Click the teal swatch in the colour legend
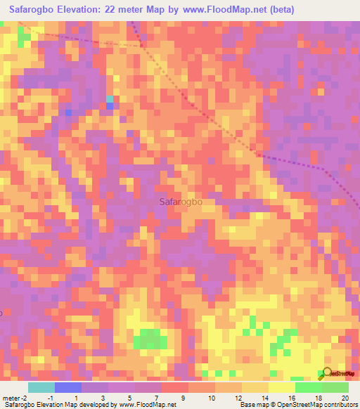[x=41, y=387]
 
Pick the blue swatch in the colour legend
[x=68, y=387]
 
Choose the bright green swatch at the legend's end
[x=335, y=387]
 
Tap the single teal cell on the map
[x=110, y=99]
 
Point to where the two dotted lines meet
[x=142, y=46]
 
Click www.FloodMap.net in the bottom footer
[x=148, y=405]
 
